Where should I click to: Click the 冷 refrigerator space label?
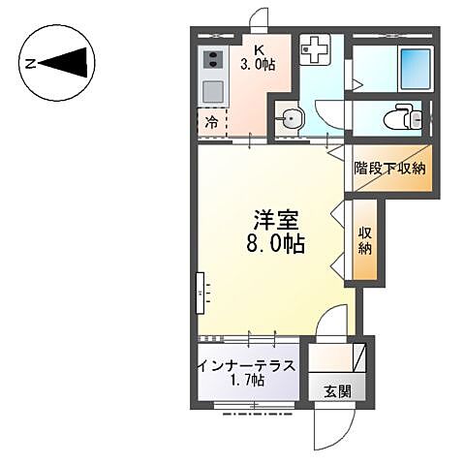(x=210, y=122)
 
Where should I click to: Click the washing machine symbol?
(x=315, y=48)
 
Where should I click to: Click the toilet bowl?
(x=400, y=119)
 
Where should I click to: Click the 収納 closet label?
(x=366, y=239)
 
